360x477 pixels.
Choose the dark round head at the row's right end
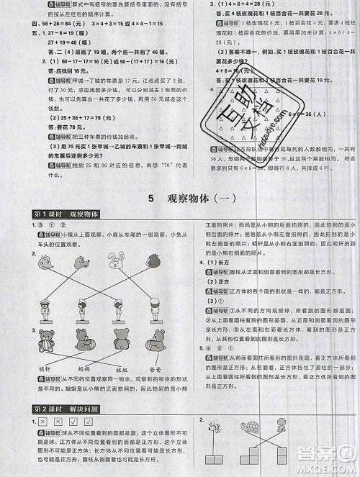pos(153,263)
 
